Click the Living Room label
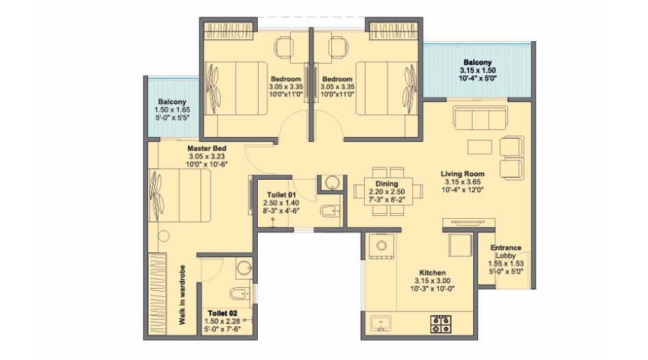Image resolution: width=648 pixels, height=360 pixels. [x=463, y=174]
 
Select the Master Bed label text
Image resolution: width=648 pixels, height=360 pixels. [x=206, y=148]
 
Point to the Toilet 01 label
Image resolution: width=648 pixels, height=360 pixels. [x=281, y=195]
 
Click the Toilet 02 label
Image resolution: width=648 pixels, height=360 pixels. [x=224, y=313]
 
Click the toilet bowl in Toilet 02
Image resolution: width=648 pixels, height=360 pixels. [x=235, y=295]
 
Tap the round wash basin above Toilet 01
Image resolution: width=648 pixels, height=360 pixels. [x=331, y=182]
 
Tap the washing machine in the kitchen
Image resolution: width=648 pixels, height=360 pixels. [x=379, y=245]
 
